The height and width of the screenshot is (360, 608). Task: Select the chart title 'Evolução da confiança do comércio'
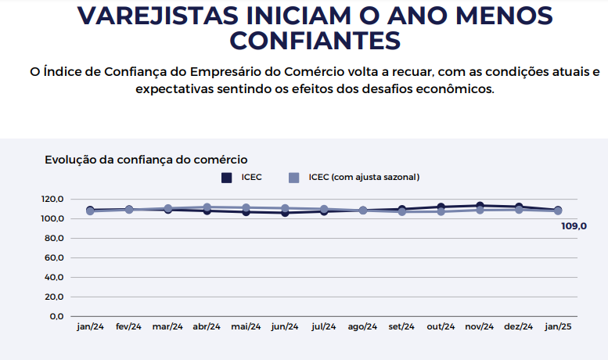(x=146, y=160)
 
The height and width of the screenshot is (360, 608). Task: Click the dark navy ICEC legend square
(x=227, y=178)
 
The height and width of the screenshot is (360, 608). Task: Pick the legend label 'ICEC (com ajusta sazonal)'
(x=364, y=178)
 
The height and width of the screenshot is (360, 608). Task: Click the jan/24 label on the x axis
(x=90, y=327)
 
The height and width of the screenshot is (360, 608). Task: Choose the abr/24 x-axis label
(x=207, y=327)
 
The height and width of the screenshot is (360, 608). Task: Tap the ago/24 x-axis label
(x=362, y=327)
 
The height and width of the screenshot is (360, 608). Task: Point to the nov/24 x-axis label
(x=479, y=327)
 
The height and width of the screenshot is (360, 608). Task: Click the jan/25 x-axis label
(x=557, y=327)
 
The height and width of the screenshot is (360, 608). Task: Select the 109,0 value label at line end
(x=574, y=226)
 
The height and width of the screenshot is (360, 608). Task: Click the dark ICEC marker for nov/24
(x=479, y=206)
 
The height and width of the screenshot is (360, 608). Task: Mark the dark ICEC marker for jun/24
(x=285, y=212)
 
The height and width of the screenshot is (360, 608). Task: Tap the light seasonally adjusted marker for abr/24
(x=207, y=207)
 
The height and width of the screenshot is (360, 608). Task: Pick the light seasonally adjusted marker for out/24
(x=441, y=211)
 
